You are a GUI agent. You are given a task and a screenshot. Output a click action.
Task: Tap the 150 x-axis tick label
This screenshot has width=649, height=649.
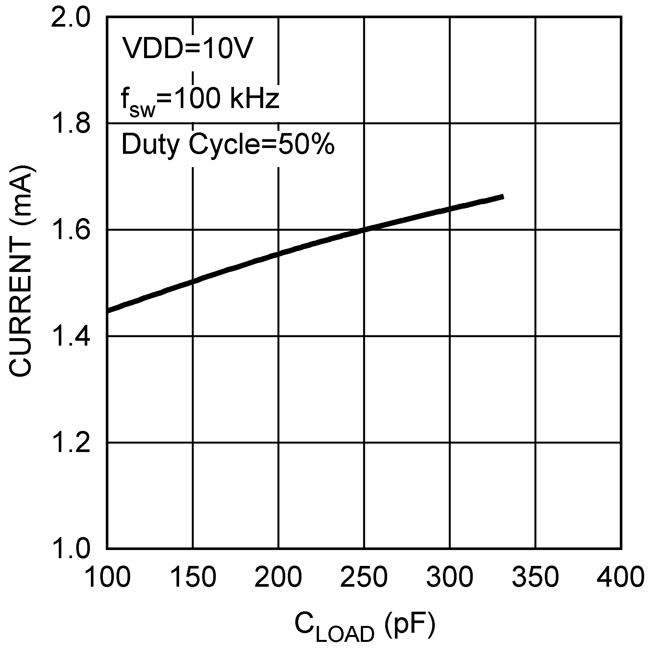tap(193, 577)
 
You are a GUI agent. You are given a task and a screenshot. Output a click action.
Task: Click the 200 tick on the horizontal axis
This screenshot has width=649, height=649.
tap(279, 577)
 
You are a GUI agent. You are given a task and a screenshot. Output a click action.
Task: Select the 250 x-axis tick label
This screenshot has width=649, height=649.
tap(364, 577)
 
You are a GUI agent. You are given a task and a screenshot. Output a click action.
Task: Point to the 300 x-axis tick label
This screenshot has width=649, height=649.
tap(450, 577)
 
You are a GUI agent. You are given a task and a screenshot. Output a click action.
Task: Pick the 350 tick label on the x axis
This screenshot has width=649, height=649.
tap(536, 577)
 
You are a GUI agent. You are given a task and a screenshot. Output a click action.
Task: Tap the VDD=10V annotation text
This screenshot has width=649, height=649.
tap(187, 48)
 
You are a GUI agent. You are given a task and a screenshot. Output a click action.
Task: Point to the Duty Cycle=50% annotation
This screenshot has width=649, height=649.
tap(228, 144)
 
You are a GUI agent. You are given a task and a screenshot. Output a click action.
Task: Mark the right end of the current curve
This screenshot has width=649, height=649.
tap(503, 197)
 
